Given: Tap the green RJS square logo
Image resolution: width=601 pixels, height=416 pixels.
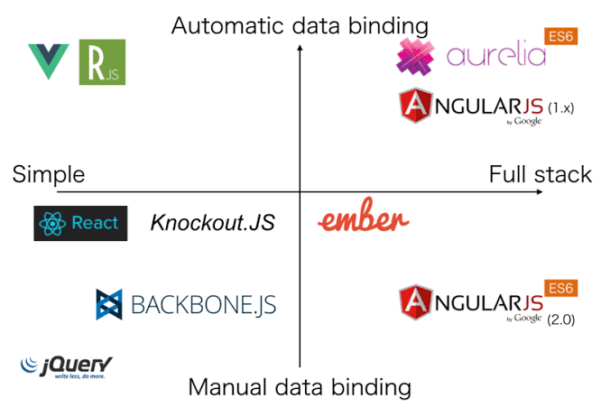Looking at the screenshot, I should click(102, 62).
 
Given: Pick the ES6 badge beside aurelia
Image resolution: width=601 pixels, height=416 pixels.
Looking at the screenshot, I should click(559, 37).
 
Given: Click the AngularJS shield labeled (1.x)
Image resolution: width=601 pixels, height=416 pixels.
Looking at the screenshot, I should click(415, 107).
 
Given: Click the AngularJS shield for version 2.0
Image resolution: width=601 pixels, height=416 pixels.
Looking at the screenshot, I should click(415, 304).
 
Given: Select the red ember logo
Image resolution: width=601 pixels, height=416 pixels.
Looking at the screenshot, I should click(365, 219).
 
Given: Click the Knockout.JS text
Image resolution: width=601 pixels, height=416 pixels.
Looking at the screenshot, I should click(213, 223).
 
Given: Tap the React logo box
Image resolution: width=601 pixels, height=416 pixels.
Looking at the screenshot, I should click(78, 223).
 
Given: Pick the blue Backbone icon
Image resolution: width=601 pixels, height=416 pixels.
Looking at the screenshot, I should click(109, 305).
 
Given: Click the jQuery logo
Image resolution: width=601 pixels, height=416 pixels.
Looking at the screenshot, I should click(67, 366).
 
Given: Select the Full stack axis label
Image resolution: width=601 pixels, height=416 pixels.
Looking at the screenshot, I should click(541, 174).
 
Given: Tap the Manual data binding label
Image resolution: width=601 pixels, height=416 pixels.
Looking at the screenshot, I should click(300, 388).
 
